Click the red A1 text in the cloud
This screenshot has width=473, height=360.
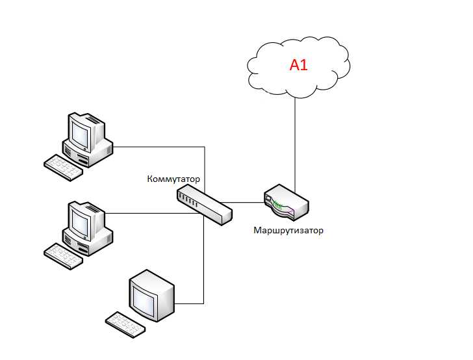coord(298,66)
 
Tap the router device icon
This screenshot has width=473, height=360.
coord(287,203)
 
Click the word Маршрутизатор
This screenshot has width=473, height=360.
coord(289,230)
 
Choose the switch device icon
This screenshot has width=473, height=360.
coord(204,203)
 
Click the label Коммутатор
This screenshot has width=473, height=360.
coord(174,179)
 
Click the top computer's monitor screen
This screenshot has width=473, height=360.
coord(80,133)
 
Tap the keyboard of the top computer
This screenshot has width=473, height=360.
coord(64,167)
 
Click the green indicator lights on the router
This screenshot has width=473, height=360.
coord(279,206)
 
